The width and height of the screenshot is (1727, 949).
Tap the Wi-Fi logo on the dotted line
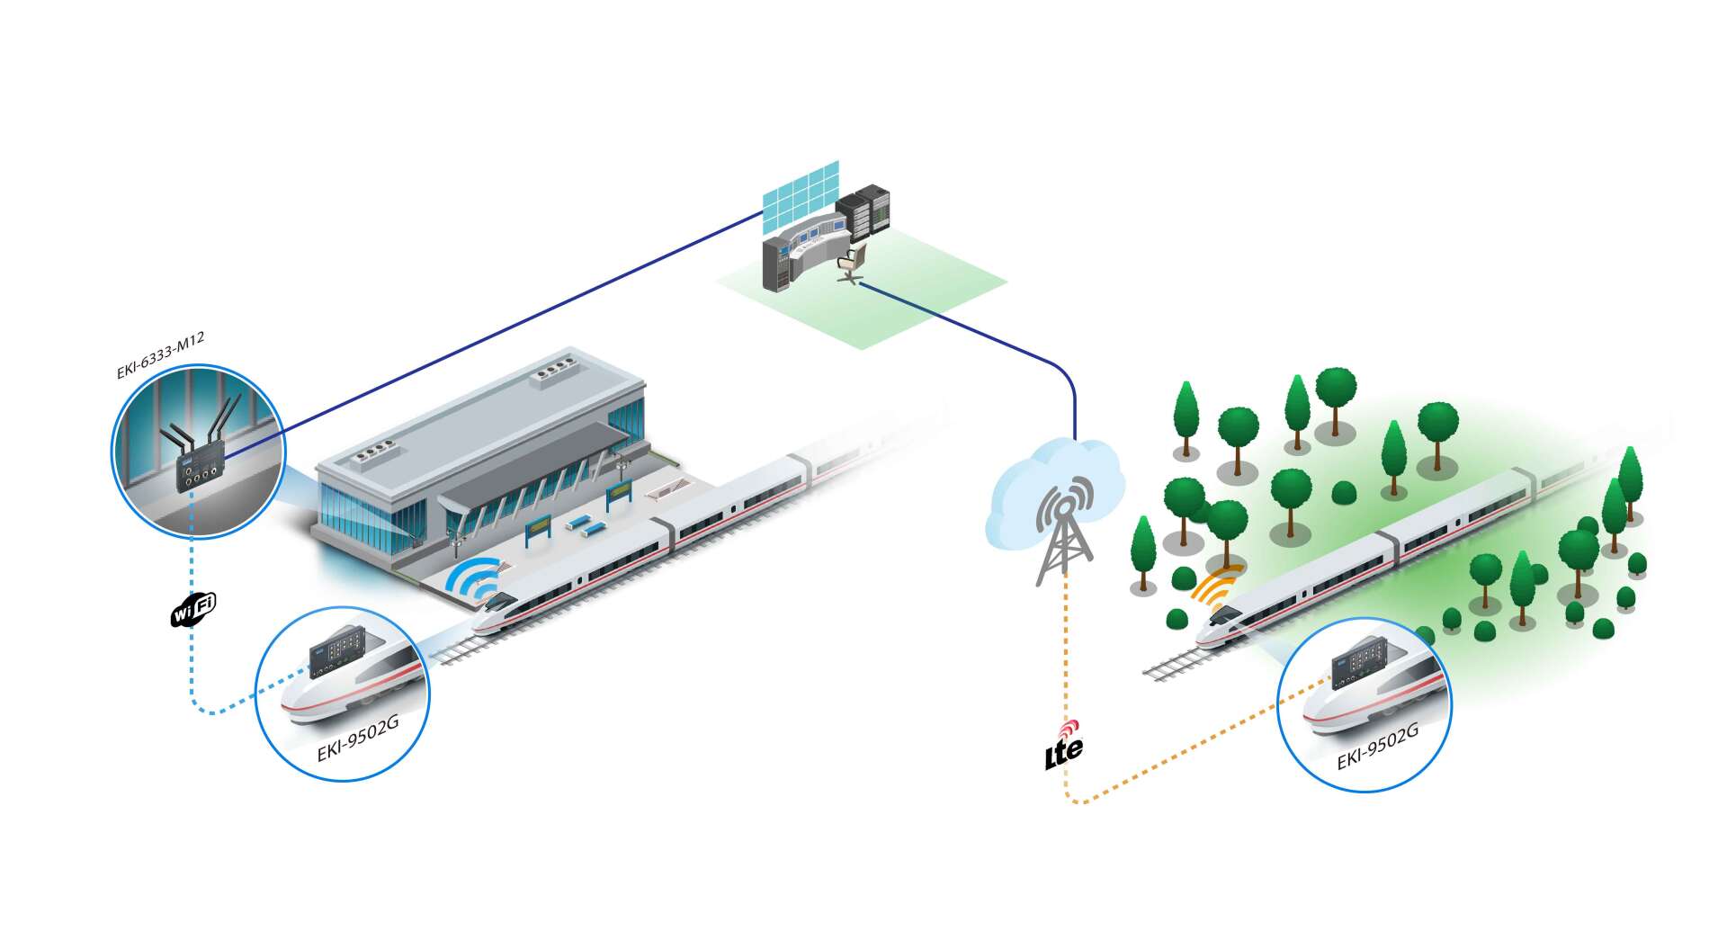(x=193, y=609)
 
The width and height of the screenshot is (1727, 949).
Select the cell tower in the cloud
(x=1064, y=530)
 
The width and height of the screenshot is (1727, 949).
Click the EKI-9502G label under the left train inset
(x=358, y=740)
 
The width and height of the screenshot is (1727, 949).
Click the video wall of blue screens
(x=801, y=196)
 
